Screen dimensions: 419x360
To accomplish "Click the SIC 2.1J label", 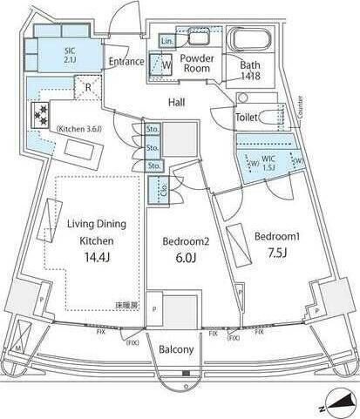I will (71, 55).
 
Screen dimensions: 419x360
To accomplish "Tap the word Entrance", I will (126, 62).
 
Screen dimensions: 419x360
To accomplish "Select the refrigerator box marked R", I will (85, 86).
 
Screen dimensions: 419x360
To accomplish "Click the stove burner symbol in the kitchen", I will (40, 114).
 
